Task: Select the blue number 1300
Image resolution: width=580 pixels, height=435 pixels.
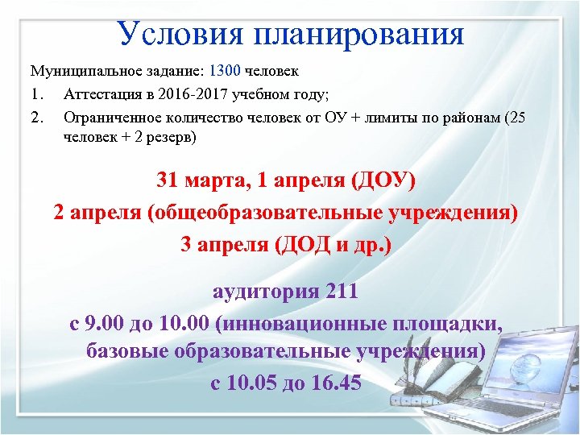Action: tap(225, 70)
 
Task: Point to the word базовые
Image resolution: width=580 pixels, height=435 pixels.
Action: tap(130, 352)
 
